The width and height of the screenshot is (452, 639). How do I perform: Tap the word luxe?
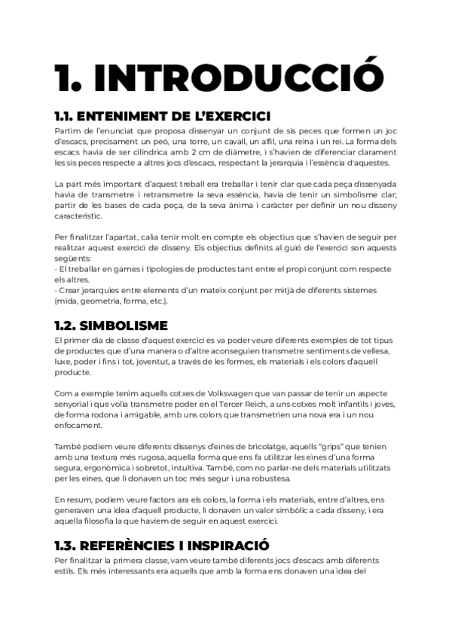click(66, 362)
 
